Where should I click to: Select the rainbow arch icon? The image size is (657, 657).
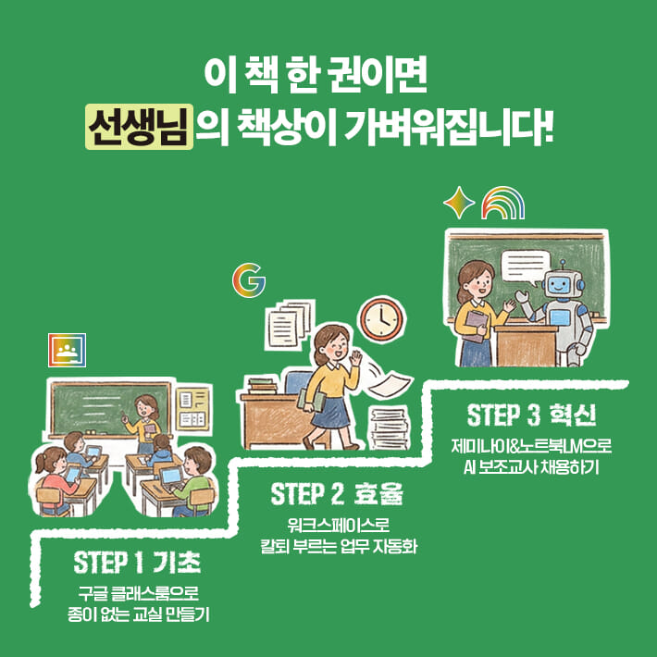click(502, 202)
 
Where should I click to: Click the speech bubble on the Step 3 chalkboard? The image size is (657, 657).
click(529, 266)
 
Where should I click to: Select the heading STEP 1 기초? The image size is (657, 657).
click(136, 562)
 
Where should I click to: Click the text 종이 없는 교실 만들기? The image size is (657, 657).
click(136, 613)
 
